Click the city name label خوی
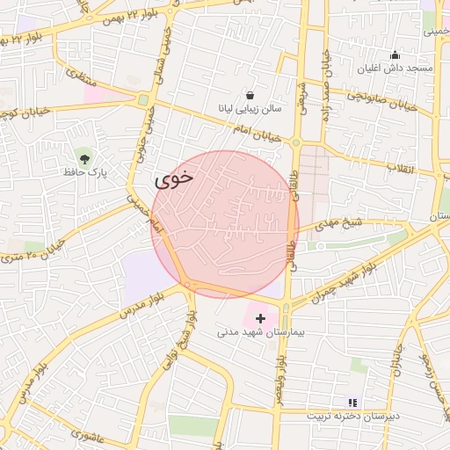pos(173,179)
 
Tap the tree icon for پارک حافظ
pos(84,158)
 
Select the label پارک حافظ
pos(84,174)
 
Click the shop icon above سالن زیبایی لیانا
pos(250,95)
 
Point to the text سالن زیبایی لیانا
pos(250,110)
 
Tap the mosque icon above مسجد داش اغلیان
pos(395,54)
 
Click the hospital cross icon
pos(260,317)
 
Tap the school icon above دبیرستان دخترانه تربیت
pos(352,402)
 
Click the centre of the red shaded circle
pos(225,223)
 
